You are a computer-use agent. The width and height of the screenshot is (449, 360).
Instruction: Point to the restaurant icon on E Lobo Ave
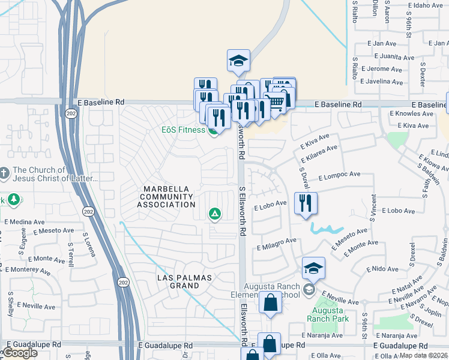[x=306, y=203]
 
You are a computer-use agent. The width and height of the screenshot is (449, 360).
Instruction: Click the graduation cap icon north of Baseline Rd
[x=238, y=61]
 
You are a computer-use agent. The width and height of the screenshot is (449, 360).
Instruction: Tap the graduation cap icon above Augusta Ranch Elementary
[x=313, y=268]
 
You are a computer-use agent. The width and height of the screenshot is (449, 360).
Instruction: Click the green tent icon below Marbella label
[x=214, y=214]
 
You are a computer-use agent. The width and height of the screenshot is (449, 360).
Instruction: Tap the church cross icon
[x=5, y=174]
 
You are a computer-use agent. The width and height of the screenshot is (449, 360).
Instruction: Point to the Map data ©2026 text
[x=423, y=355]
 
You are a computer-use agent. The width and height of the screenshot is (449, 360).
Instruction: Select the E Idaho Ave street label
[x=429, y=5]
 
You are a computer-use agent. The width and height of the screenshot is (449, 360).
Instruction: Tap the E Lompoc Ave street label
[x=339, y=176]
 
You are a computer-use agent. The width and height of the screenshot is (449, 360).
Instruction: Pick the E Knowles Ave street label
[x=409, y=113]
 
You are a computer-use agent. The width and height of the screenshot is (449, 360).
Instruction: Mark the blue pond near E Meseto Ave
[x=326, y=229]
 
